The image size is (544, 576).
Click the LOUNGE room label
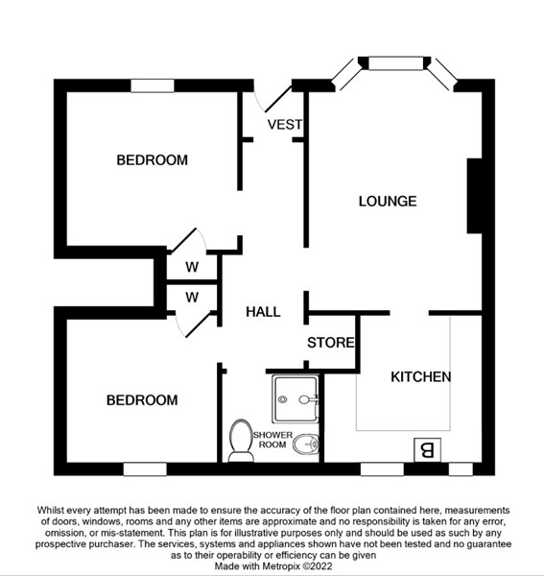(x=388, y=202)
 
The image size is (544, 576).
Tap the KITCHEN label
(x=420, y=377)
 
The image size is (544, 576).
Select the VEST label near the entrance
(x=285, y=125)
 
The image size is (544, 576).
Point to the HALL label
(x=263, y=312)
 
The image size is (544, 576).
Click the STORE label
(x=331, y=343)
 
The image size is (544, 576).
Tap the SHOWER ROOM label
(x=272, y=440)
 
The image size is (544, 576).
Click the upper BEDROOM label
(x=152, y=160)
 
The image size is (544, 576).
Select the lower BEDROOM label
(x=142, y=400)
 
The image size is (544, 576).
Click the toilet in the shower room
(x=241, y=441)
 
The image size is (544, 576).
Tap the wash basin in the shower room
(x=305, y=444)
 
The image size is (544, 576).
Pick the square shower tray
(x=296, y=398)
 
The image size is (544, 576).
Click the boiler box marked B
(x=427, y=450)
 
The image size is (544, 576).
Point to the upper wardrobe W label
(x=192, y=267)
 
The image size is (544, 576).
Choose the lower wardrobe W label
(x=192, y=297)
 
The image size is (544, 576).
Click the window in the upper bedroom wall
(x=153, y=85)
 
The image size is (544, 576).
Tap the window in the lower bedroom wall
(x=145, y=469)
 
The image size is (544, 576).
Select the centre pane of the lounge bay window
(x=395, y=62)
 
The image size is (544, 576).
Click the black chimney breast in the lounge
(x=474, y=196)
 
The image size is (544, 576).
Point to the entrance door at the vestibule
(x=278, y=99)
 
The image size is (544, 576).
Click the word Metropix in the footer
(x=280, y=565)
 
